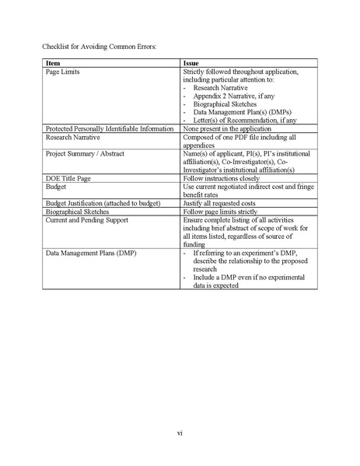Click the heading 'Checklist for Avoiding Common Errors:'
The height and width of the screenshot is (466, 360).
click(100, 46)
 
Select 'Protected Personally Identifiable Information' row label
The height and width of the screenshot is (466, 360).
click(110, 128)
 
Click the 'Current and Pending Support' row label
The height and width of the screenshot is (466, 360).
click(87, 219)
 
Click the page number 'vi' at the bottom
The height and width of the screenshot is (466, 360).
click(180, 432)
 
